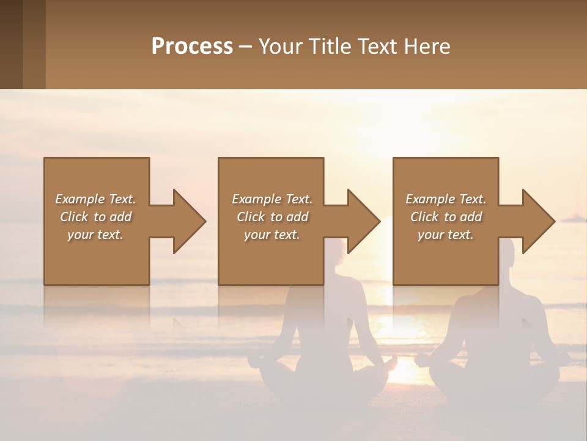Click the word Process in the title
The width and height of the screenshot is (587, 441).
(x=192, y=46)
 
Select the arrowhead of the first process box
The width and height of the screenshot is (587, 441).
(x=190, y=221)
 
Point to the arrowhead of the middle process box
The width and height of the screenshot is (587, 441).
(x=364, y=221)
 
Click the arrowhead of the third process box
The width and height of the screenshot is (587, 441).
(x=539, y=221)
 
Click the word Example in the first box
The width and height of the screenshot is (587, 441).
(x=79, y=199)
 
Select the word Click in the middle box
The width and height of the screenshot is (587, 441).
(x=249, y=217)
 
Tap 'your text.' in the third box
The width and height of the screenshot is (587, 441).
(x=445, y=235)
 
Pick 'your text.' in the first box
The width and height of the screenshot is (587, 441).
(x=95, y=235)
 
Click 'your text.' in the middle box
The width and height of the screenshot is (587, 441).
(x=271, y=235)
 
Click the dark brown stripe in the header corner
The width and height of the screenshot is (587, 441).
(x=11, y=44)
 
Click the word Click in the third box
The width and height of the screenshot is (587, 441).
(x=424, y=217)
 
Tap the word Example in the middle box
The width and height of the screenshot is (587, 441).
(x=256, y=199)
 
